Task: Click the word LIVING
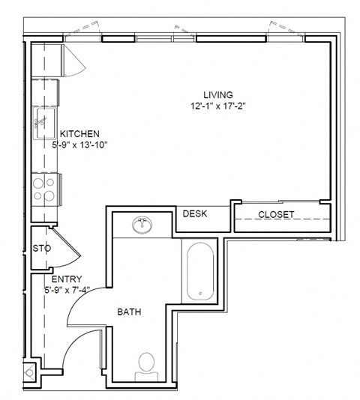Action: (x=218, y=95)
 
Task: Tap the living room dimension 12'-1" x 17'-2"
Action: (x=218, y=106)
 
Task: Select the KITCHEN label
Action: (x=79, y=134)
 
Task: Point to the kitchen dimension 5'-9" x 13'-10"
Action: (x=80, y=145)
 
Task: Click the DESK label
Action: (x=195, y=214)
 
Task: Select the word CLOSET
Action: (x=276, y=215)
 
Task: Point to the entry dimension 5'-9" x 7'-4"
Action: (x=67, y=290)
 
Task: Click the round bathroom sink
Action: (x=142, y=224)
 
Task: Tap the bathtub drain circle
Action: (x=199, y=291)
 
